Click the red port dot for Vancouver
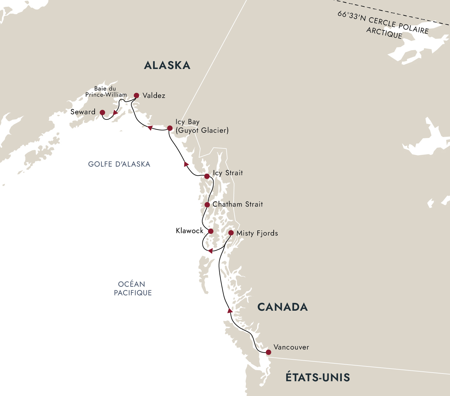pyautogui.click(x=268, y=352)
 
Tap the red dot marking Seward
pyautogui.click(x=102, y=112)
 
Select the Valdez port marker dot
pyautogui.click(x=136, y=95)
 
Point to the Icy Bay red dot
pyautogui.click(x=170, y=128)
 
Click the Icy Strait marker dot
pyautogui.click(x=207, y=176)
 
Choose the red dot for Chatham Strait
pyautogui.click(x=207, y=205)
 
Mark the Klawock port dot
pyautogui.click(x=211, y=231)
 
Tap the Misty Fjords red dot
pyautogui.click(x=231, y=233)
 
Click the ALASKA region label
pyautogui.click(x=167, y=65)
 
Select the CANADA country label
pyautogui.click(x=282, y=307)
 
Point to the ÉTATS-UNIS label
pyautogui.click(x=317, y=377)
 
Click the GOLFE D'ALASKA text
pyautogui.click(x=119, y=164)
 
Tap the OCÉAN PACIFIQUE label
pyautogui.click(x=133, y=289)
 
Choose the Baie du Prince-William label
pyautogui.click(x=106, y=92)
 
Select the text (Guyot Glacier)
pyautogui.click(x=202, y=130)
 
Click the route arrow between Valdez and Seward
pyautogui.click(x=115, y=113)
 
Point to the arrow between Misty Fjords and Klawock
pyautogui.click(x=210, y=251)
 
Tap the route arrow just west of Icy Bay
pyautogui.click(x=150, y=128)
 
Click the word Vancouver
pyautogui.click(x=291, y=347)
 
